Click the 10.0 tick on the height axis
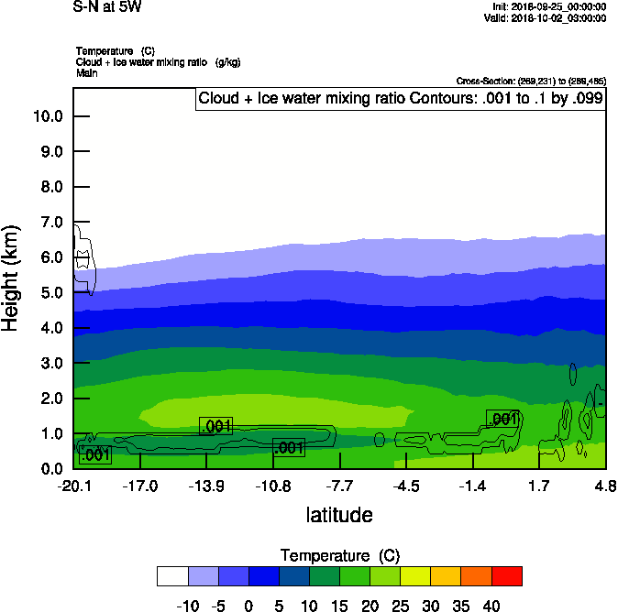[47, 116]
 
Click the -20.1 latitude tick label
[73, 485]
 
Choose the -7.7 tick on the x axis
[340, 485]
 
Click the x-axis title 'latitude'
[339, 515]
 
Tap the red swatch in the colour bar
[507, 575]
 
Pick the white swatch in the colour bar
[172, 575]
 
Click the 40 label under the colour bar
[491, 605]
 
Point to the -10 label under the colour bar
[188, 605]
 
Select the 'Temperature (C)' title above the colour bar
[339, 556]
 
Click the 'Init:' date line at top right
[548, 6]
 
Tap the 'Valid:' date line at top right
[548, 17]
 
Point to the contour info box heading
[401, 99]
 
